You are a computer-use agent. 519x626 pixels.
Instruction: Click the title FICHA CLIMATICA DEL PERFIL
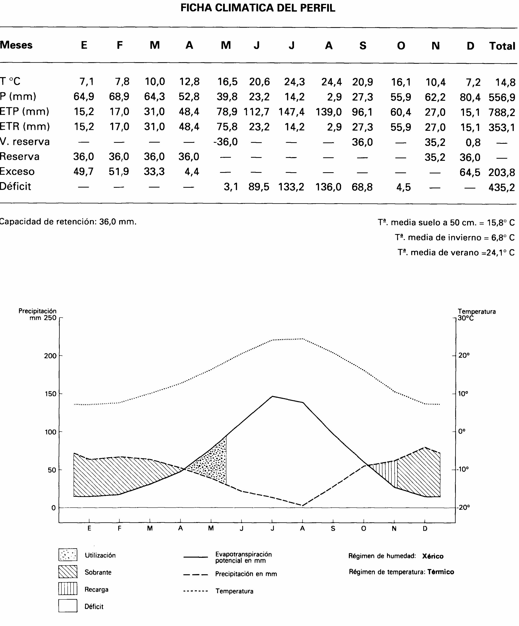point(258,8)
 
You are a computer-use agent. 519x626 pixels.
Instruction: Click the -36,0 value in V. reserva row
point(226,142)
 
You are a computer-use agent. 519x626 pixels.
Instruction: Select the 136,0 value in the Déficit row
point(328,187)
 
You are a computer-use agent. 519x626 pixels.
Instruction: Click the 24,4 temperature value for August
point(331,82)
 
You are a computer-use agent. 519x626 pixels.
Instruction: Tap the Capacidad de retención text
point(68,221)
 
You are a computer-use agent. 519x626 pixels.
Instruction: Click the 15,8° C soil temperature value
point(501,223)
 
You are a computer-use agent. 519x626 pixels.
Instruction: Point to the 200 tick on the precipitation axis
point(50,356)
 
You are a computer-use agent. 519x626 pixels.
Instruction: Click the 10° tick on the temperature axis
point(463,394)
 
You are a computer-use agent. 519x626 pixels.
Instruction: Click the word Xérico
point(433,556)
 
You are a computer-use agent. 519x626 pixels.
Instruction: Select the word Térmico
point(441,572)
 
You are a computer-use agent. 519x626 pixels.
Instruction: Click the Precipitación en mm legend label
point(246,574)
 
